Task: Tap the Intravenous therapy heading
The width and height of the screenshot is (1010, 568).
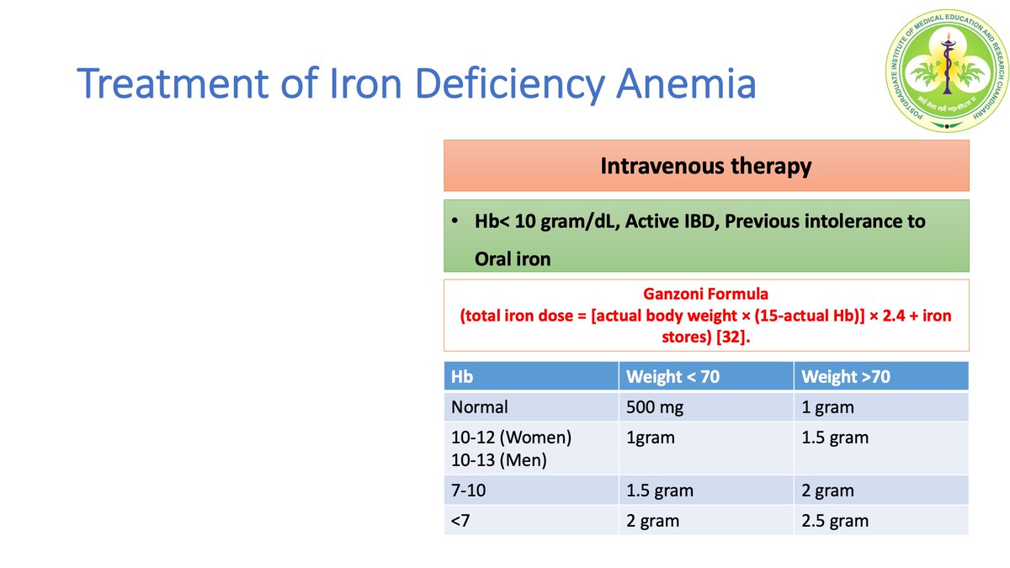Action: pyautogui.click(x=705, y=166)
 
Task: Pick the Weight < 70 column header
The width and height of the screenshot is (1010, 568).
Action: pyautogui.click(x=672, y=377)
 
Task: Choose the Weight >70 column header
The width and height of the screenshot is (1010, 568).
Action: pyautogui.click(x=845, y=377)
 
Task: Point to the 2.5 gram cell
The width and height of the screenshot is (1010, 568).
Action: pyautogui.click(x=835, y=521)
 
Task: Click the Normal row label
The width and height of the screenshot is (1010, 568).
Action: pyautogui.click(x=480, y=407)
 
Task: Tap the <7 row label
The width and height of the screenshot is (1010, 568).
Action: pyautogui.click(x=460, y=521)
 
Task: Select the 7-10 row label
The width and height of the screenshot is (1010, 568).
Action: pyautogui.click(x=470, y=491)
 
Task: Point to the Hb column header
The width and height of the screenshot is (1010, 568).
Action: pyautogui.click(x=462, y=377)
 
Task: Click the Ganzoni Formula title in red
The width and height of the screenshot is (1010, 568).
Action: pyautogui.click(x=705, y=295)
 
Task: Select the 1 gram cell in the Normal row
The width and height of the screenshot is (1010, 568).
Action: pyautogui.click(x=827, y=407)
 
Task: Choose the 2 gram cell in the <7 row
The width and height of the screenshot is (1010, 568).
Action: pyautogui.click(x=652, y=521)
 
